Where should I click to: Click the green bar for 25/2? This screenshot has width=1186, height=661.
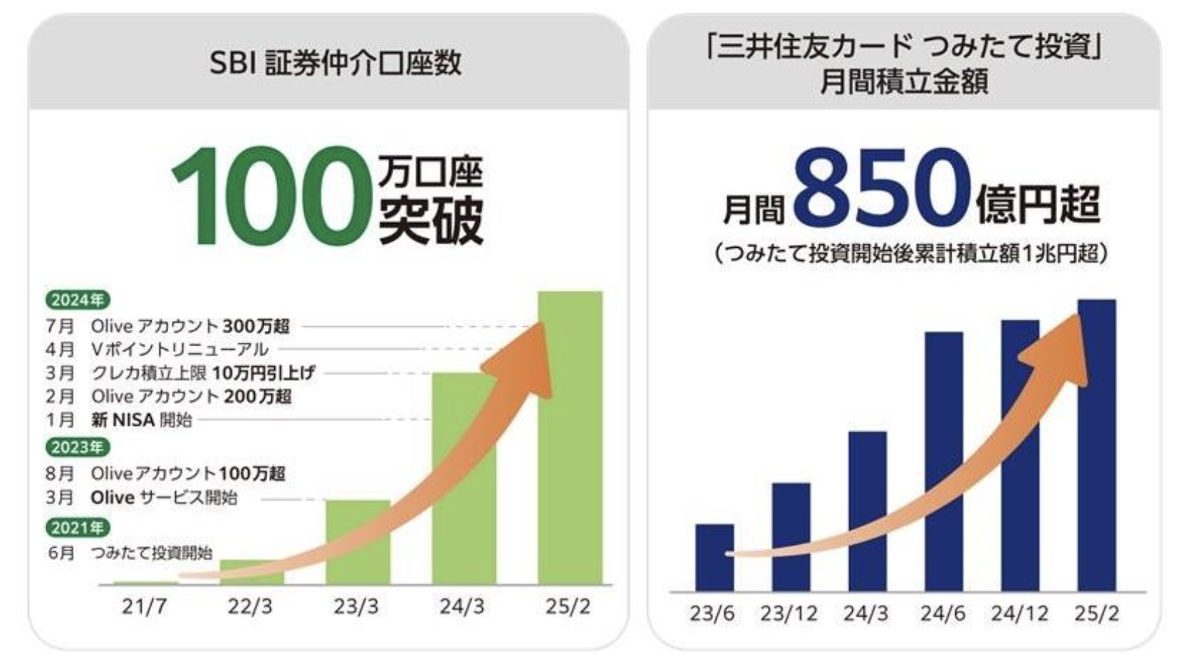pyautogui.click(x=571, y=438)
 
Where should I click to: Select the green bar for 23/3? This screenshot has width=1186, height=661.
pyautogui.click(x=358, y=542)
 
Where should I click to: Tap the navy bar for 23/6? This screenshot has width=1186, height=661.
pyautogui.click(x=714, y=558)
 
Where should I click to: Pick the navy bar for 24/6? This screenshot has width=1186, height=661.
pyautogui.click(x=944, y=462)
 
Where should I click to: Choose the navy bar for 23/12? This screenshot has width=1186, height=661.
pyautogui.click(x=791, y=537)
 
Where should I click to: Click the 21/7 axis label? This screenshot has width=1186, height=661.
pyautogui.click(x=145, y=607)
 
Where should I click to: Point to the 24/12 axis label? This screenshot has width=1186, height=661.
pyautogui.click(x=1020, y=614)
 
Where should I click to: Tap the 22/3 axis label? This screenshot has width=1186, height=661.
pyautogui.click(x=250, y=607)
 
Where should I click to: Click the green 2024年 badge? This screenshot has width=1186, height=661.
pyautogui.click(x=78, y=301)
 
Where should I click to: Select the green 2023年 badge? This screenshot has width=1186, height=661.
pyautogui.click(x=78, y=447)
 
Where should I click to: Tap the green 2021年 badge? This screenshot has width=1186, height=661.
pyautogui.click(x=78, y=528)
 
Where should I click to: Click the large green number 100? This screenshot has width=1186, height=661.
pyautogui.click(x=272, y=197)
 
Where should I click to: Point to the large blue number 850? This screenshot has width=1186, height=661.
pyautogui.click(x=882, y=189)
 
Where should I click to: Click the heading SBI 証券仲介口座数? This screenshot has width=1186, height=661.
pyautogui.click(x=335, y=63)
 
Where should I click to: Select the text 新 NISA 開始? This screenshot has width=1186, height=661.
pyautogui.click(x=141, y=420)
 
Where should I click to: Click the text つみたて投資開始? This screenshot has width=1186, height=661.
pyautogui.click(x=152, y=553)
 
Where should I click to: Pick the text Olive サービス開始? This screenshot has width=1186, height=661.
pyautogui.click(x=164, y=498)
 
